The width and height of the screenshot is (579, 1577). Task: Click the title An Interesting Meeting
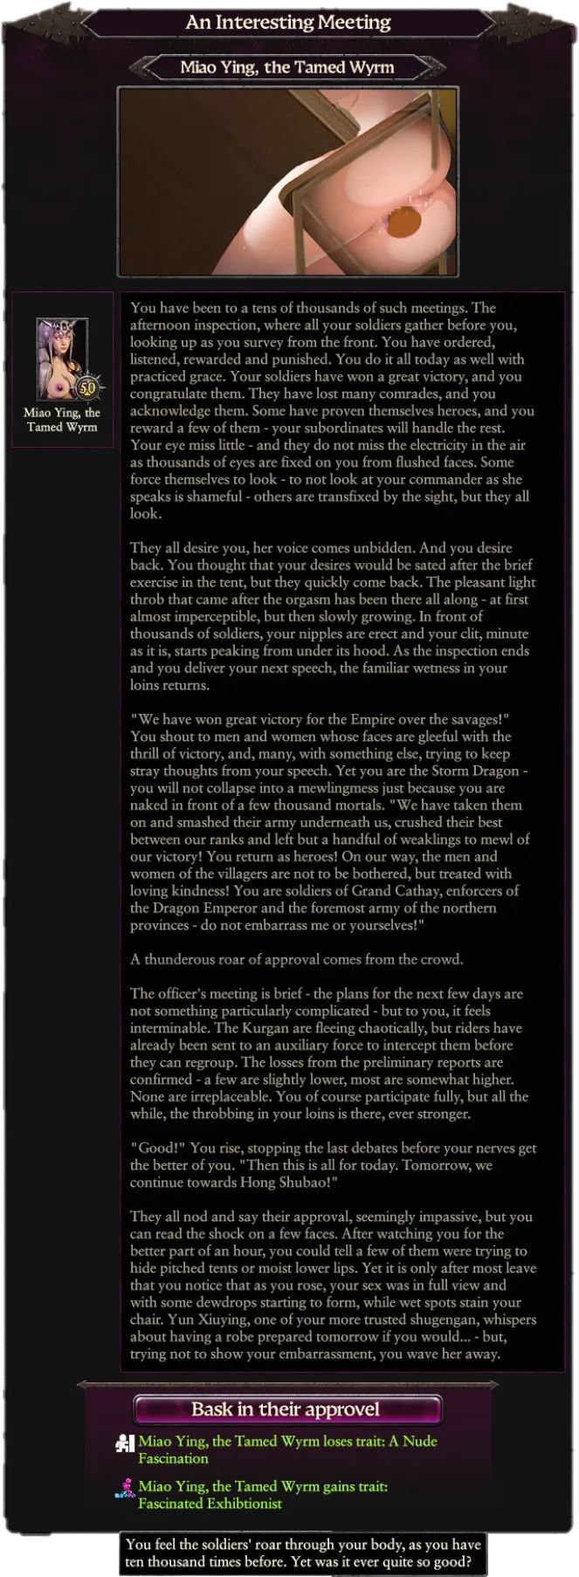[x=288, y=22]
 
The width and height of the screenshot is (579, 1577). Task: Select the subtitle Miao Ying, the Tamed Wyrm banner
[x=287, y=67]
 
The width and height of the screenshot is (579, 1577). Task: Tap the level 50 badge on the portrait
[x=87, y=387]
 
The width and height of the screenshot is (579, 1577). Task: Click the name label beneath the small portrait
[x=62, y=420]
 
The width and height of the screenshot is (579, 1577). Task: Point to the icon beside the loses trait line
[x=125, y=1443]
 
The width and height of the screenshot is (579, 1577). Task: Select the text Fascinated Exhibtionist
[x=210, y=1503]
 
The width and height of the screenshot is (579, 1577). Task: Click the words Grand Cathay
[x=404, y=890]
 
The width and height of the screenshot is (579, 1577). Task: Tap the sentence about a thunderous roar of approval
[x=297, y=959]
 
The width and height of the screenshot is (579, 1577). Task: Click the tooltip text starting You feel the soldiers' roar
[x=302, y=1553]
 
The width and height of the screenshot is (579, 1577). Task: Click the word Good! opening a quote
[x=157, y=1148]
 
